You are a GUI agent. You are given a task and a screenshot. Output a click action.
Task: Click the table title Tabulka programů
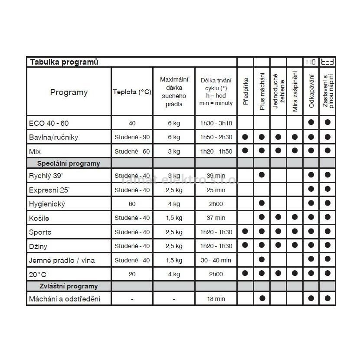64,62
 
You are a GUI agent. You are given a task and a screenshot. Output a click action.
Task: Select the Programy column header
69,92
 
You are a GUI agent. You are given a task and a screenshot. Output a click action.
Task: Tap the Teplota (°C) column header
132,92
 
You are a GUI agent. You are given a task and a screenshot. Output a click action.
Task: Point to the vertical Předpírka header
245,92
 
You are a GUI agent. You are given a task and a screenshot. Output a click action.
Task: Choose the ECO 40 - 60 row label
49,123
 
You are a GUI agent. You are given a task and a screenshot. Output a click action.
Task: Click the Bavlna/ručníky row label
54,137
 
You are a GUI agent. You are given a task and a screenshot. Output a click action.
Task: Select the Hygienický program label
47,204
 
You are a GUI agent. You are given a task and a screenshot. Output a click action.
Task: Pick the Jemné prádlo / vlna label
62,260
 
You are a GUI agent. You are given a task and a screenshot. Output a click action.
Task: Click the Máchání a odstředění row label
64,299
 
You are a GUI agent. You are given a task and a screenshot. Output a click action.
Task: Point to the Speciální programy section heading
69,164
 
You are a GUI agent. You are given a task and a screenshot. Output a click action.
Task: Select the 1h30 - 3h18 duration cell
216,123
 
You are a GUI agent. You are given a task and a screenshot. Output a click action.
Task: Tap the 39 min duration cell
216,176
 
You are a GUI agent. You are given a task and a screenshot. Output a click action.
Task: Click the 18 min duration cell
216,299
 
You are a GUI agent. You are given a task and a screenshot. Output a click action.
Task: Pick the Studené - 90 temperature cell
132,137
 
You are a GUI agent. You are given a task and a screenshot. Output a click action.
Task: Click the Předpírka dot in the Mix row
245,151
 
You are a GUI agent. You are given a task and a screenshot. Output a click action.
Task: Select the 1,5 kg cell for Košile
174,218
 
